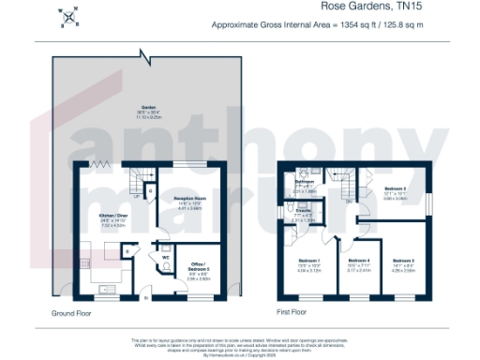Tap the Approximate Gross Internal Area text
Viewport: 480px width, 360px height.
coord(343,25)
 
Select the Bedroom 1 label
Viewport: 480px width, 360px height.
coord(308,262)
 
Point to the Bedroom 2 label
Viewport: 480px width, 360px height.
coord(404,262)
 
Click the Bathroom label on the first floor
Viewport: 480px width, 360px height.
coord(303,181)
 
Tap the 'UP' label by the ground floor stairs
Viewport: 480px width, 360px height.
coord(138,197)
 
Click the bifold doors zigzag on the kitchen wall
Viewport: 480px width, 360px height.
coord(97,165)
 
